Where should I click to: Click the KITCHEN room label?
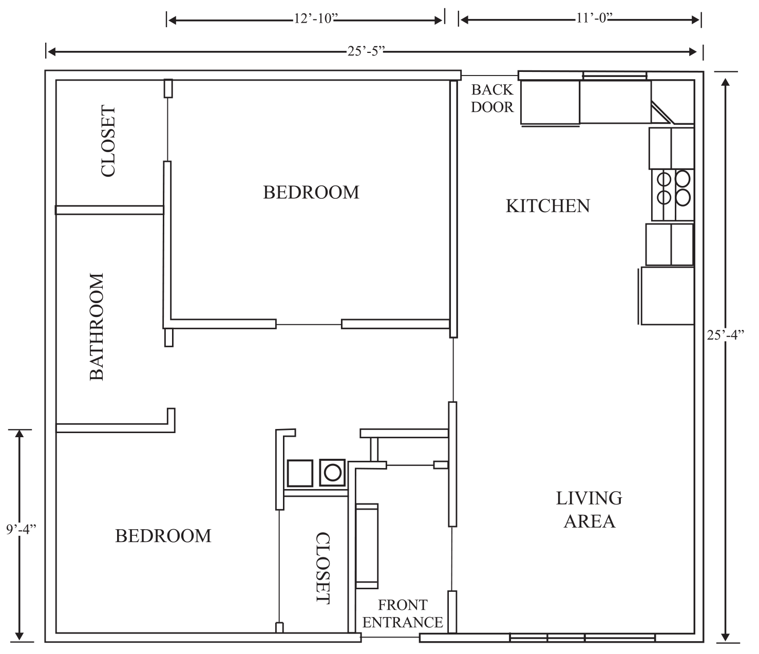[x=547, y=206]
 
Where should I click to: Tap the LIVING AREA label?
[x=589, y=510]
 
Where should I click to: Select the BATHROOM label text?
[x=97, y=327]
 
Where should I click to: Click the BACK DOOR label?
[x=492, y=99]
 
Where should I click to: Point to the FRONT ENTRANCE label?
[x=403, y=613]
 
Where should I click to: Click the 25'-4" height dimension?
[x=726, y=335]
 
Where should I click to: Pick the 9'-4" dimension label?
[x=21, y=530]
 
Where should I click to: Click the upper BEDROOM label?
[x=311, y=193]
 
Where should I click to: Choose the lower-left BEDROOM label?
[x=163, y=536]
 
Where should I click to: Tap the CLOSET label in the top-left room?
[x=108, y=141]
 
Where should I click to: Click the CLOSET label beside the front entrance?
[x=323, y=568]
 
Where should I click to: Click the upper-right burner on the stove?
[x=682, y=179]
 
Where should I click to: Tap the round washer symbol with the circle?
[x=332, y=473]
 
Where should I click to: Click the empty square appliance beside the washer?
[x=300, y=473]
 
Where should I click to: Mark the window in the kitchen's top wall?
[x=615, y=76]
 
